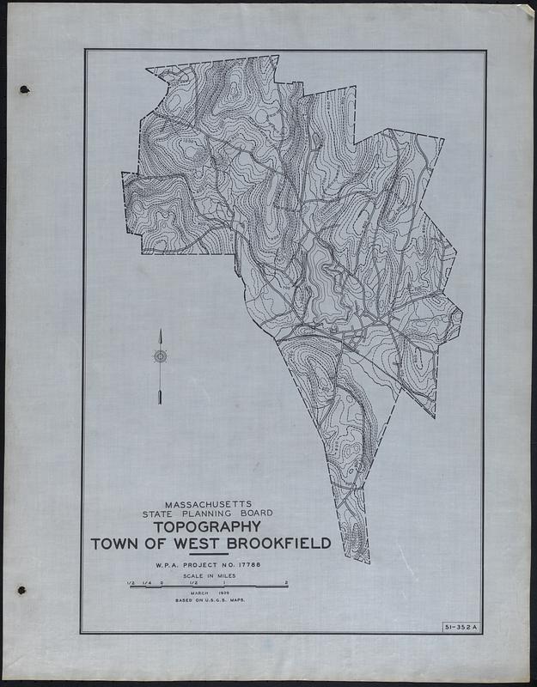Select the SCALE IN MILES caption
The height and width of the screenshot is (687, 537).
click(208, 576)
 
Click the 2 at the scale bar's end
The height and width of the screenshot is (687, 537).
click(287, 583)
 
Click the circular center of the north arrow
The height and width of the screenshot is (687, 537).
click(160, 356)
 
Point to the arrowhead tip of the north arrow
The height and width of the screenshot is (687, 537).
click(160, 331)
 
